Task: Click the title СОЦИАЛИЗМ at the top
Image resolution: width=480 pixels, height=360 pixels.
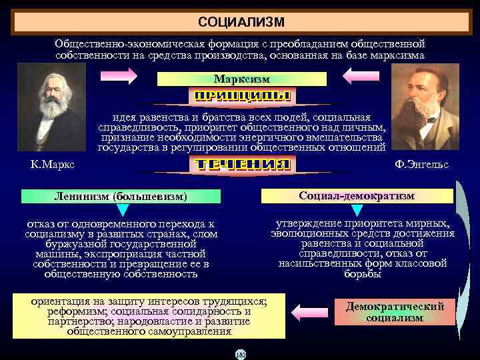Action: pos(241,22)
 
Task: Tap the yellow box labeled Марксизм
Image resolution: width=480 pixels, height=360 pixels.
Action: pos(242,79)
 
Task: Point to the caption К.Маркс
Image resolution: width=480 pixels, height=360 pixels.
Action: pos(53,165)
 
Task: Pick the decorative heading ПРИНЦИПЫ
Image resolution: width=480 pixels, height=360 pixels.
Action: pos(241,96)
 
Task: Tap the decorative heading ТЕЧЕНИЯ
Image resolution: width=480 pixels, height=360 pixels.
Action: pos(241,165)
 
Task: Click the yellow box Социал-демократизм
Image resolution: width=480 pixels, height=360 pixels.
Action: pos(357,195)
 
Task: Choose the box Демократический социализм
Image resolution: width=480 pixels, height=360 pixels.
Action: pos(395,311)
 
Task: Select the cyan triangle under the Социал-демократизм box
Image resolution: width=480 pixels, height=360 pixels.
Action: pos(357,211)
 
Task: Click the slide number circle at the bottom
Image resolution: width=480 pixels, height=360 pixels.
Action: pos(241,354)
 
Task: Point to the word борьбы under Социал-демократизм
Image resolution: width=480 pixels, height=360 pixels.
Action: pos(363,273)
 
